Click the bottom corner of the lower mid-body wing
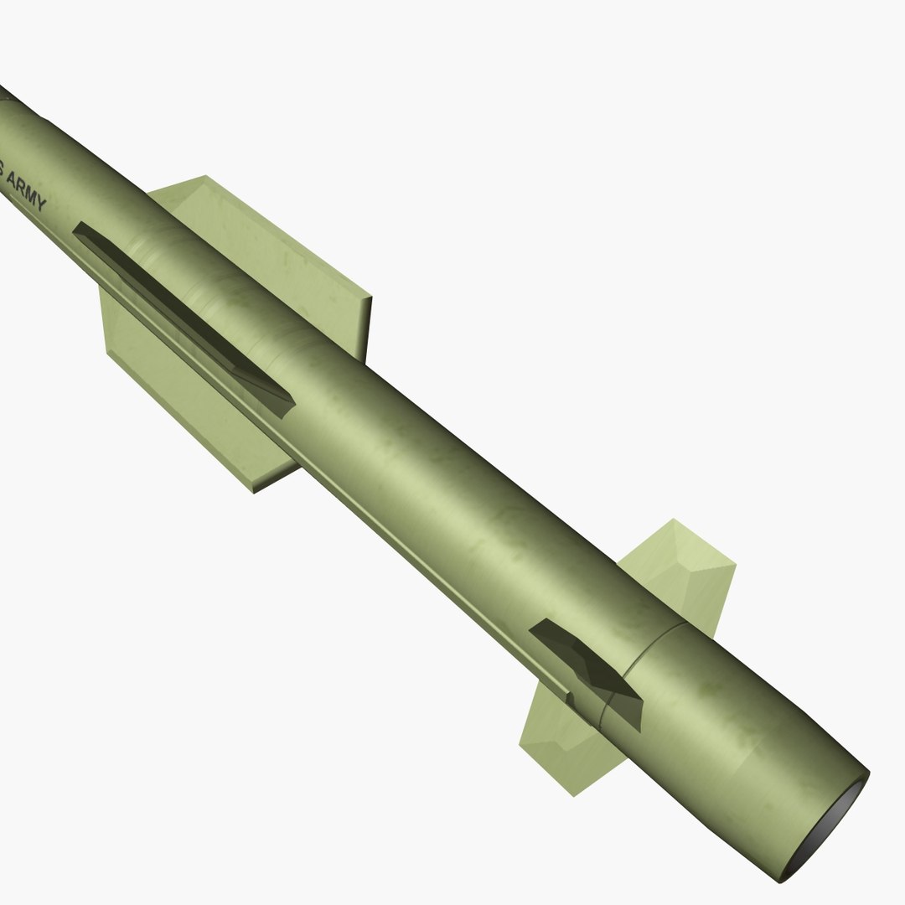(x=254, y=491)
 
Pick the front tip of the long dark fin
(x=76, y=228)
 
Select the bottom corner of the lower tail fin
(x=574, y=794)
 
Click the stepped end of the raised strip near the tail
(x=571, y=697)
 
